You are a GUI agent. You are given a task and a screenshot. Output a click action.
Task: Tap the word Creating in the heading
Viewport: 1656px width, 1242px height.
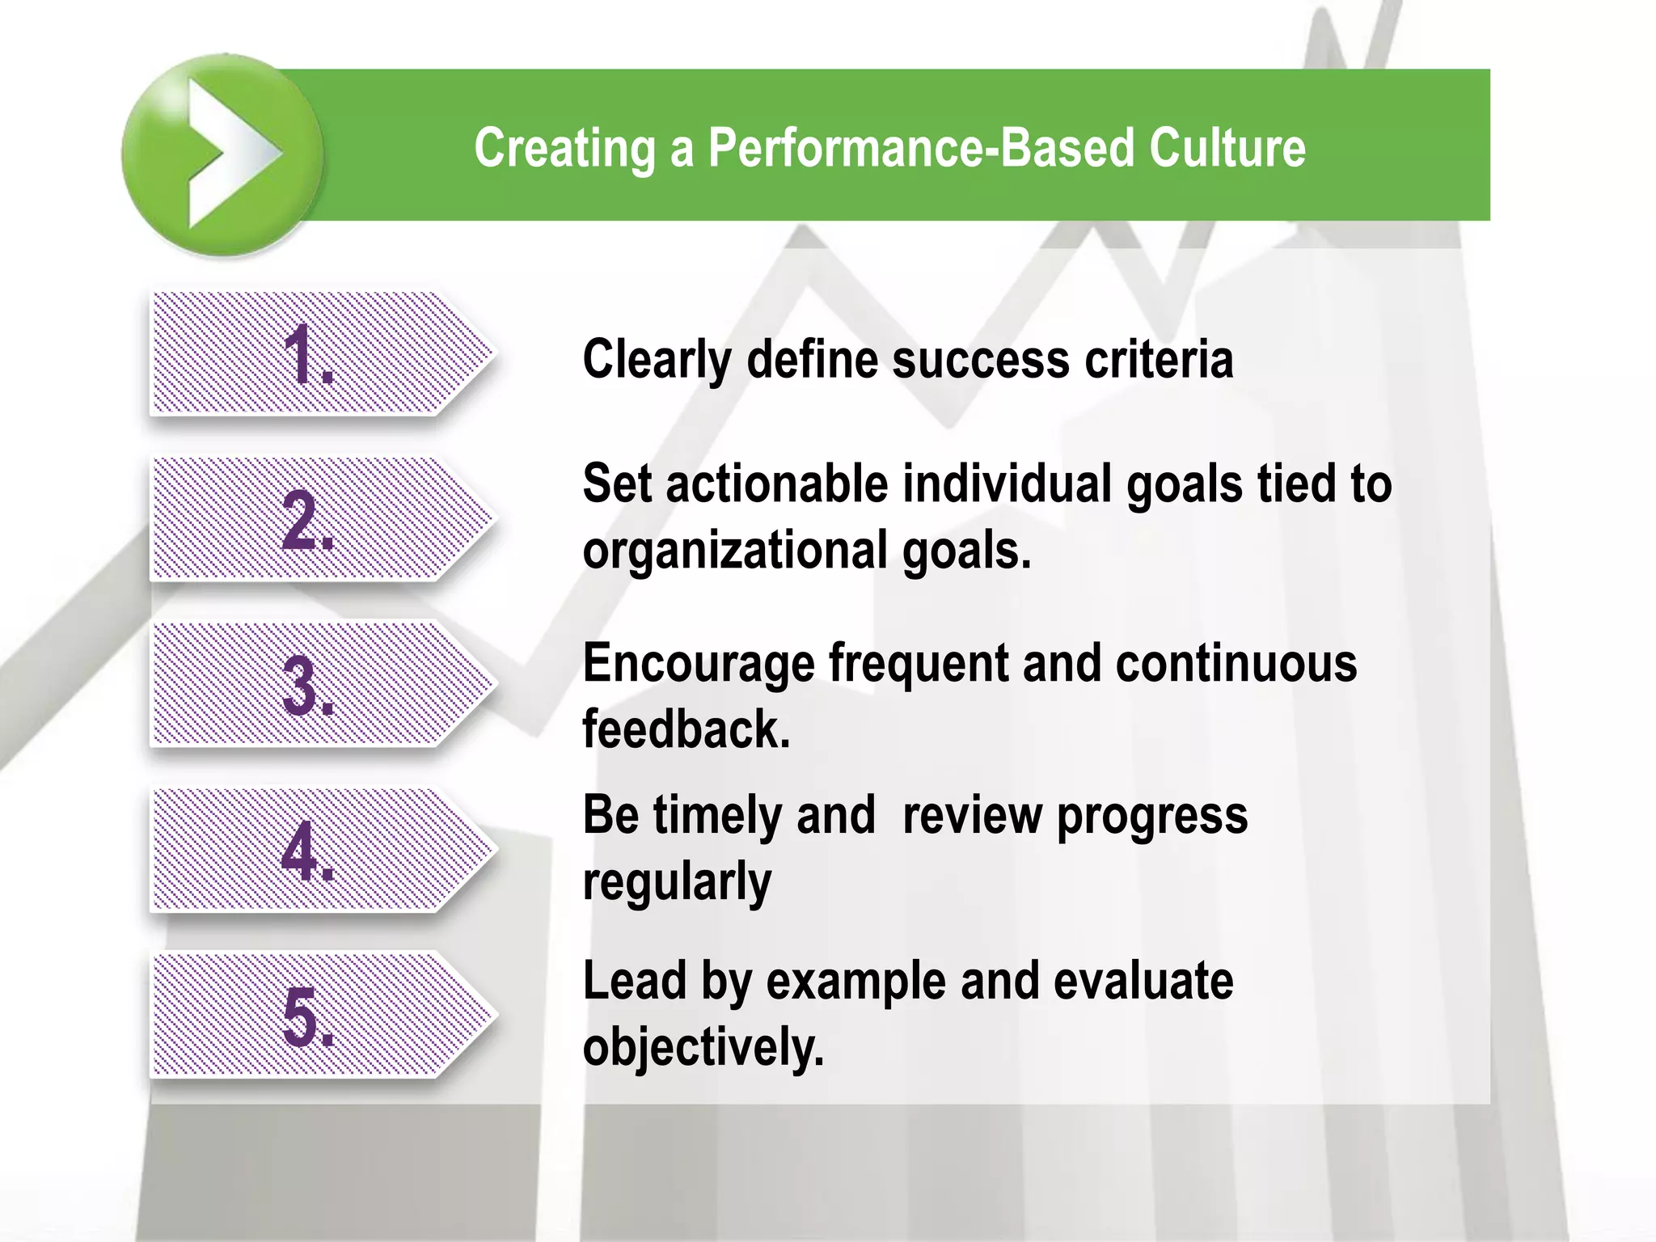(x=564, y=150)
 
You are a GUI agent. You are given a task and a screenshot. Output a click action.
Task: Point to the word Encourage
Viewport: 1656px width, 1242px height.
(x=698, y=665)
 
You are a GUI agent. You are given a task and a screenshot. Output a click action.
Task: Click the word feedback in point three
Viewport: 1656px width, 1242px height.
(x=686, y=729)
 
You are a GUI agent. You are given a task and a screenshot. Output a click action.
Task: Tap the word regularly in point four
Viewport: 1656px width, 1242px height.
(x=677, y=881)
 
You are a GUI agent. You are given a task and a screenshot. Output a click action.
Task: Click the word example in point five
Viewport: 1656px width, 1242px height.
(x=855, y=982)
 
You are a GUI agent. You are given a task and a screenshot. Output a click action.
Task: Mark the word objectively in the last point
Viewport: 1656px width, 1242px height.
(x=703, y=1048)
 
